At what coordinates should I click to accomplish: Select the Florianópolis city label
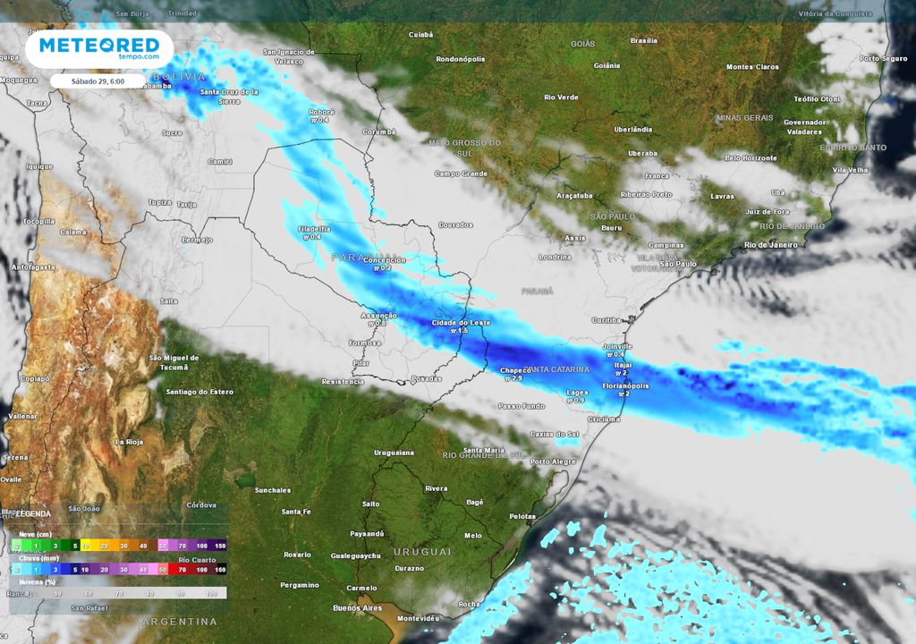coord(625,386)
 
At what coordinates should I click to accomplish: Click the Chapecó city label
coord(516,369)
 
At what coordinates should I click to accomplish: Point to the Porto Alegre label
coord(553,462)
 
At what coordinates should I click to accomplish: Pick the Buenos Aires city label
coord(357,608)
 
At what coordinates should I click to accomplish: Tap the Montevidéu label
coord(420,618)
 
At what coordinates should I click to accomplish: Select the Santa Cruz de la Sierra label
coord(229,95)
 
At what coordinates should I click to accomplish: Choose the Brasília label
coord(644,40)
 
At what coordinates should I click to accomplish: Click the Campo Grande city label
coord(461,174)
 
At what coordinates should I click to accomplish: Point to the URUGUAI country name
coord(423,552)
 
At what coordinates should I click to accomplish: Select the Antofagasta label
coord(31,267)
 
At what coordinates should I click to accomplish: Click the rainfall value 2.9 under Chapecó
coord(514,378)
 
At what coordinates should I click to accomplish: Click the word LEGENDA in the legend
coord(33,514)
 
